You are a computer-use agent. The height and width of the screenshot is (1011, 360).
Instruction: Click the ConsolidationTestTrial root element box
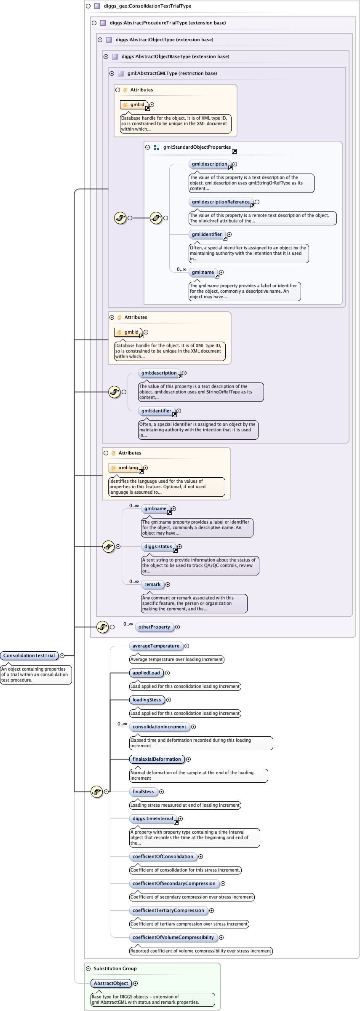pos(29,655)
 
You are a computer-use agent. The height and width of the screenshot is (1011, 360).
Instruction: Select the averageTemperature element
pos(156,646)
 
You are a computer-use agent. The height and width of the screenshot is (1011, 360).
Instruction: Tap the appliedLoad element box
pos(146,673)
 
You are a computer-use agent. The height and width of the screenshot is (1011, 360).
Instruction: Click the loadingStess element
pos(147,700)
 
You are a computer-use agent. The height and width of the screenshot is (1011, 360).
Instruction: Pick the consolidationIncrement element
pos(159,727)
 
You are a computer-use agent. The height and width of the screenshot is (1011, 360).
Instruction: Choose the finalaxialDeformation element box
pos(157,759)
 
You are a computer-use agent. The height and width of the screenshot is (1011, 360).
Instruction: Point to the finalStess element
pos(143,792)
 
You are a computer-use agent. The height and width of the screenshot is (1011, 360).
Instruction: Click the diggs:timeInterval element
pos(153,818)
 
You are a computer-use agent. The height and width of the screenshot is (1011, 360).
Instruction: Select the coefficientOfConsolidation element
pos(163,856)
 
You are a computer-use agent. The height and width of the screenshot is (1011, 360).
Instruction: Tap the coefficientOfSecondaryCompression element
pos(174,883)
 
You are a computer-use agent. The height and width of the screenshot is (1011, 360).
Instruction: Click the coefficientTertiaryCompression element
pos(168,910)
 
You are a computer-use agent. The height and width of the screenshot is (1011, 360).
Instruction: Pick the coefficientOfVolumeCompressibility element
pos(173,937)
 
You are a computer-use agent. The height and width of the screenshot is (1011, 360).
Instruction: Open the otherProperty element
pos(154,627)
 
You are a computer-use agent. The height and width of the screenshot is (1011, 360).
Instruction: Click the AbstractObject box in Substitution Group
pos(111,983)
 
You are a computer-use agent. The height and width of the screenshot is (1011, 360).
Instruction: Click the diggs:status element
pos(158,546)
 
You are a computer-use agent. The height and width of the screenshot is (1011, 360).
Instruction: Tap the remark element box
pos(152,584)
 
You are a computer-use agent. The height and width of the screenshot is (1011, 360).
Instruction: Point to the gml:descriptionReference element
pos(221,202)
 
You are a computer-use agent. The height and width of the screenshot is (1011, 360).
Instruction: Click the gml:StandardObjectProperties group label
pos(197,147)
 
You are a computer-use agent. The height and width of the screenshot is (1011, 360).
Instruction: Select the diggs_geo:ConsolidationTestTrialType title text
pos(147,6)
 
